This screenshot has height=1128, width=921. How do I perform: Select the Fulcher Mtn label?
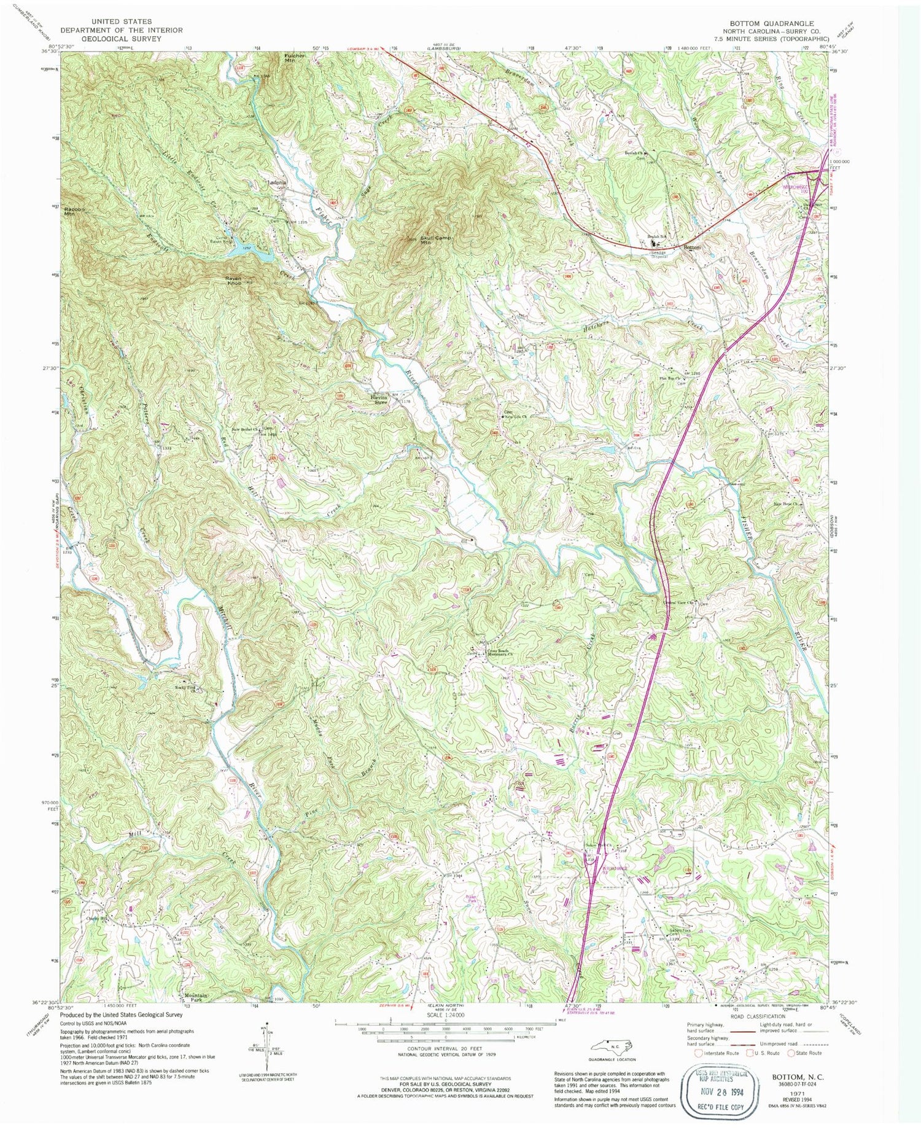tap(295, 59)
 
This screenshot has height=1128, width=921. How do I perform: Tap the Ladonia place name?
tap(277, 182)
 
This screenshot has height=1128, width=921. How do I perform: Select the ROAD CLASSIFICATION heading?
tap(758, 1016)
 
